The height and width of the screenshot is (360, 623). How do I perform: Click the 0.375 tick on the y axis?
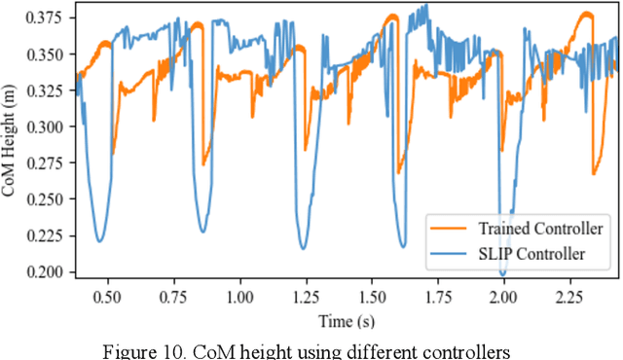click(x=48, y=18)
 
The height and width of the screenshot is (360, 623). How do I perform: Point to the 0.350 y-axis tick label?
click(x=48, y=54)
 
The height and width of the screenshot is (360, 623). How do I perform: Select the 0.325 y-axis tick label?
click(x=48, y=90)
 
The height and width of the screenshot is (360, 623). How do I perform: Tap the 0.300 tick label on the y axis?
click(x=48, y=126)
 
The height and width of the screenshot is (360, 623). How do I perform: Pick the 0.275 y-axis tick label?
click(x=48, y=162)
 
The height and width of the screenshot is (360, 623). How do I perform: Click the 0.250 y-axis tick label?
click(x=48, y=199)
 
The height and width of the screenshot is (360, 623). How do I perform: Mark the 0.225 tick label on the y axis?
click(x=48, y=235)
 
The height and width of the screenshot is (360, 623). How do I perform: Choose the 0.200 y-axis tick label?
click(x=48, y=271)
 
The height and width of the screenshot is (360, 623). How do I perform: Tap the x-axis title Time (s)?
click(x=346, y=318)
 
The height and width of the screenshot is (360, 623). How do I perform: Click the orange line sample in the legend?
click(x=448, y=230)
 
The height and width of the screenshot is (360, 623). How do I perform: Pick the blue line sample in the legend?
click(x=448, y=254)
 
